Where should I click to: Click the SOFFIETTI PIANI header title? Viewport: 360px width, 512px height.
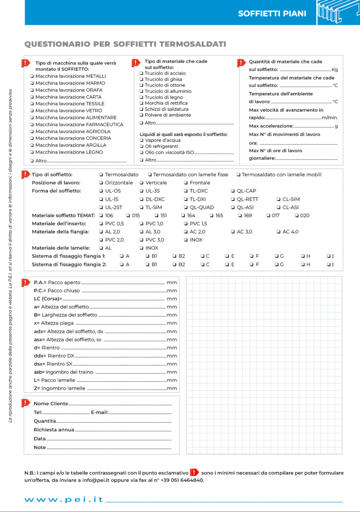(x=272, y=13)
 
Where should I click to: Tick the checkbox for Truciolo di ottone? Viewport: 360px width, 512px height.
(x=141, y=85)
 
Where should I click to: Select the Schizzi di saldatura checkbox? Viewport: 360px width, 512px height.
(x=141, y=109)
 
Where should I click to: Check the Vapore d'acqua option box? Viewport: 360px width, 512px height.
(x=141, y=140)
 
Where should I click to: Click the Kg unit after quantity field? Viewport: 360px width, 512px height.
(x=334, y=70)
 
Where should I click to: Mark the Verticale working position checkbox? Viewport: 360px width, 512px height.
(x=141, y=183)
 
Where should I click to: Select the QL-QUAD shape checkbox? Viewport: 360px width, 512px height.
(x=186, y=207)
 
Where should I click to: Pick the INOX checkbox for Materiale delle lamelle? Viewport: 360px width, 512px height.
(x=141, y=248)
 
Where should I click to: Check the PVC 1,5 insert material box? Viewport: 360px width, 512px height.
(x=186, y=224)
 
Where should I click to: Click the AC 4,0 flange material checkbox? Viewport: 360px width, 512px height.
(x=279, y=232)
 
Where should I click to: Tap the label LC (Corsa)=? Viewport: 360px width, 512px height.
(x=48, y=299)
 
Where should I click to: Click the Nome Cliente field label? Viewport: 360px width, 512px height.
(x=51, y=404)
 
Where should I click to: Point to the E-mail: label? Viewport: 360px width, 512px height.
(x=99, y=412)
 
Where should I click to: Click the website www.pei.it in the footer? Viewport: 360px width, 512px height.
(x=64, y=500)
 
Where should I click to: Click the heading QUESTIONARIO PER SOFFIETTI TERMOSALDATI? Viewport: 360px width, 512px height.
(x=125, y=44)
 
